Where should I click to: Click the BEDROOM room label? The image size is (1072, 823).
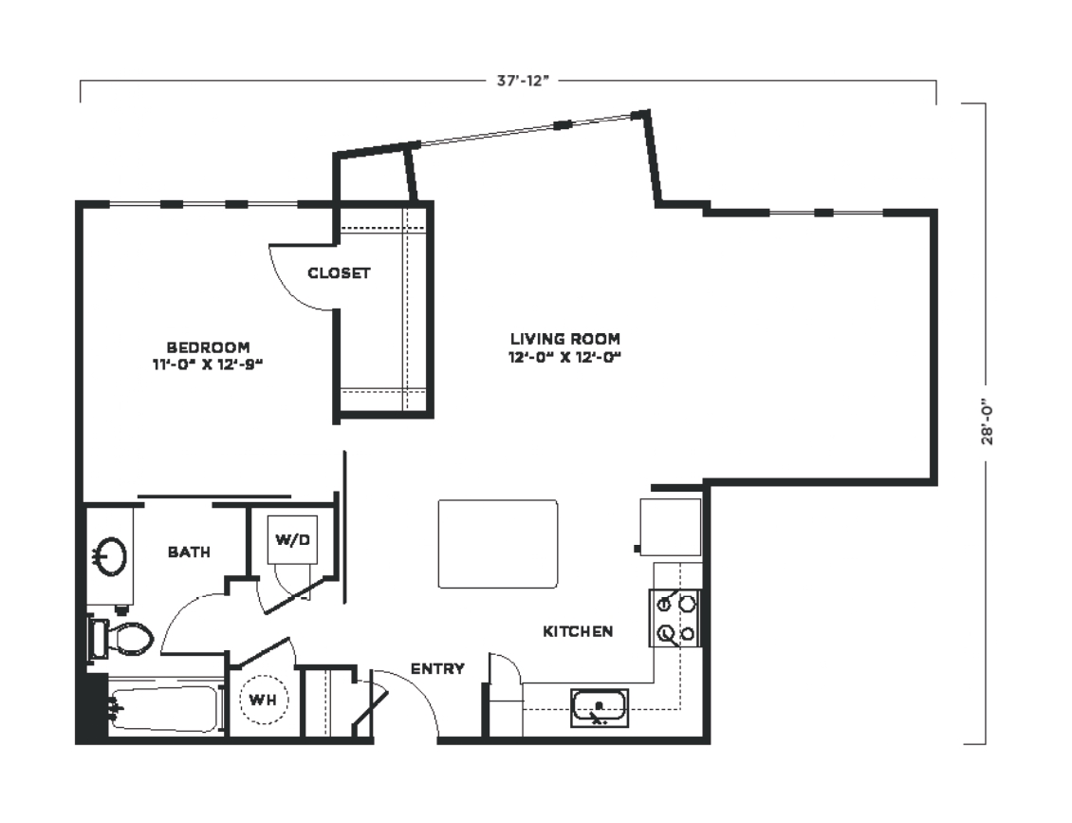point(208,347)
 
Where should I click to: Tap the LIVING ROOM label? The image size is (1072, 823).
point(565,339)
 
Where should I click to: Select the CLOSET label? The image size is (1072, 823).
point(339,273)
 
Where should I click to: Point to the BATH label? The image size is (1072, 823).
point(190,552)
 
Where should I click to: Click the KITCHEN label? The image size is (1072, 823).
point(578,631)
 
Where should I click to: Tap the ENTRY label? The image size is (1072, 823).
point(437,668)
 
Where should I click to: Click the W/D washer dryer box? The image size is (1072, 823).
point(292,539)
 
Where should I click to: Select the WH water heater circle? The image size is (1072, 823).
point(263,700)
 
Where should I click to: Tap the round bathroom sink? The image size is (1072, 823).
point(111,555)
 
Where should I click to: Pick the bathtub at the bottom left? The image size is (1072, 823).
point(165,709)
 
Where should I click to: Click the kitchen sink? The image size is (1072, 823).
point(600,707)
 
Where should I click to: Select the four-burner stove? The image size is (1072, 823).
point(675,619)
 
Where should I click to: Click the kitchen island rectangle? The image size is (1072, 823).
point(498,544)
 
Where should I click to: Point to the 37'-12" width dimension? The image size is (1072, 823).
point(523,81)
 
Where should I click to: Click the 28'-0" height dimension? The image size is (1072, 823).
point(987,422)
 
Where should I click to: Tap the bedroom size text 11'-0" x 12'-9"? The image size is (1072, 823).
point(208,365)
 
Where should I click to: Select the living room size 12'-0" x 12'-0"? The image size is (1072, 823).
point(565,356)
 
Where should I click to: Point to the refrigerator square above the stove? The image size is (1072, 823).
point(671,528)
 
